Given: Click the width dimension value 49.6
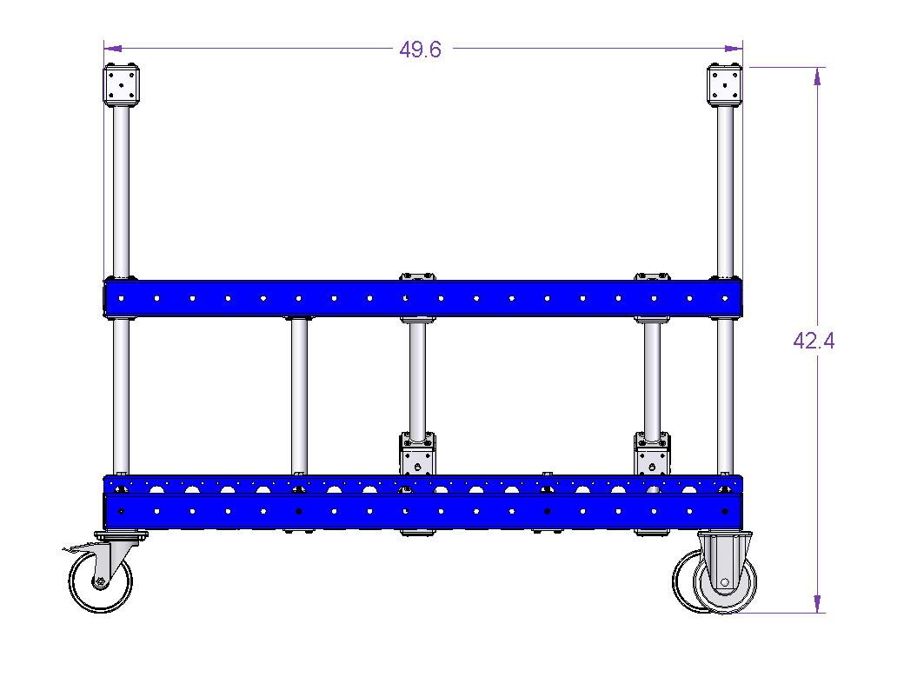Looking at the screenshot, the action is pos(420,50).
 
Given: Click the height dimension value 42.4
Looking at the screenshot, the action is pos(814,341).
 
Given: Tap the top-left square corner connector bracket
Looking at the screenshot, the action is pos(122,85).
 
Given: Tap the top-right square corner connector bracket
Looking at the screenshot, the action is pos(724,85).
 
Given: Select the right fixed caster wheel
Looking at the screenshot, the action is pos(724,582).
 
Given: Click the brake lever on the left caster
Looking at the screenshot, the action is pos(76,550).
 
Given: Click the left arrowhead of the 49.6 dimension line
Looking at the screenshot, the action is pos(113,49).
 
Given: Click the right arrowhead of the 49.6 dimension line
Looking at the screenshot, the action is pos(734,49).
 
